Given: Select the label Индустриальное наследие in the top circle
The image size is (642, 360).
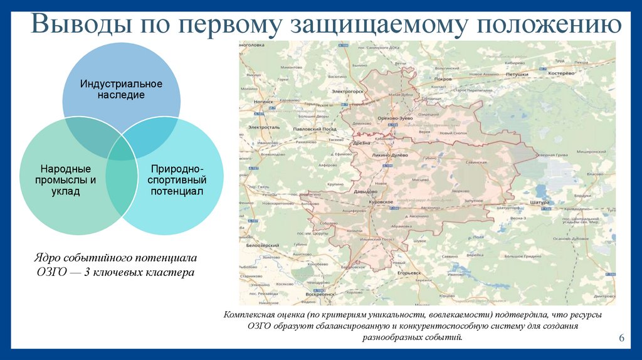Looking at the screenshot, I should [121, 89].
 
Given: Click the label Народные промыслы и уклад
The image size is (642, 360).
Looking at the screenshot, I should [66, 180].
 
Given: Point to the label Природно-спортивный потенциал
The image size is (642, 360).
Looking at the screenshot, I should [176, 180].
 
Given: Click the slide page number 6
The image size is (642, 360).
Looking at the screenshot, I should [621, 339].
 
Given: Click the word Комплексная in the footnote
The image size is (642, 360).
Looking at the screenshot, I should [250, 315].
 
